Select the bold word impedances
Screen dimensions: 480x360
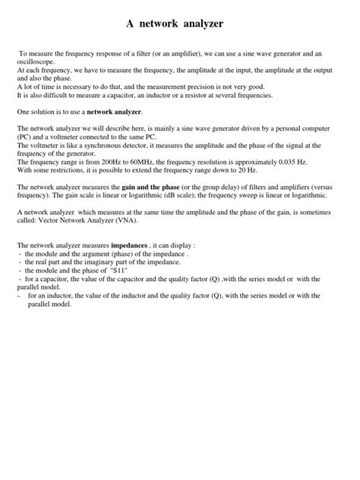(132, 247)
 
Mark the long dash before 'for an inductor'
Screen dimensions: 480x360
(18, 295)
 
